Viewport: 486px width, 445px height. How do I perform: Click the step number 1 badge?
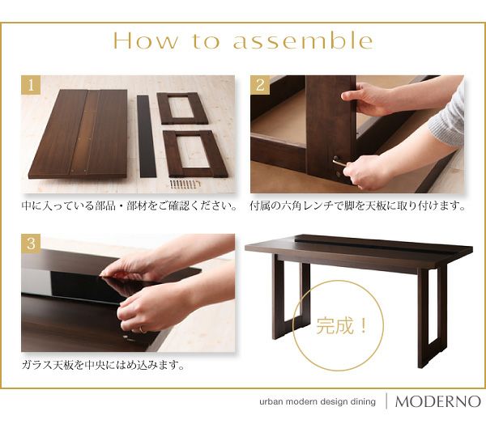31,85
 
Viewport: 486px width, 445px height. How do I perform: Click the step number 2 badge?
260,85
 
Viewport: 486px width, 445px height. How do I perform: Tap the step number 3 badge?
31,244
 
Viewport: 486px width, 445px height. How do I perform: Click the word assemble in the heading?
303,40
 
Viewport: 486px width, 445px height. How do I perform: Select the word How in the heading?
146,40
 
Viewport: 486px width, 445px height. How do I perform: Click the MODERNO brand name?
438,401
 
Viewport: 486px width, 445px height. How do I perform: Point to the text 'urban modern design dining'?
318,402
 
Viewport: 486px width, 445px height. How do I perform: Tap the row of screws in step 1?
185,184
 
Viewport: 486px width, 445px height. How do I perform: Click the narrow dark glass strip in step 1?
147,136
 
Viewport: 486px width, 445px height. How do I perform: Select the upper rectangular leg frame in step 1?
182,108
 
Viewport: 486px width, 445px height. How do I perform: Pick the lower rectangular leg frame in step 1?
195,154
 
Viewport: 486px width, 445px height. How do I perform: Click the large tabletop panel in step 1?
79,134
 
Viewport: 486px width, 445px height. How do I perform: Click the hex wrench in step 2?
339,163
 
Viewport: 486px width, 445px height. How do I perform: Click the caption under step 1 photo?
130,206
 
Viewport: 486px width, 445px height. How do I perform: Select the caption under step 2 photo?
357,206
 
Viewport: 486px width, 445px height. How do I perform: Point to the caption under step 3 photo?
103,365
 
